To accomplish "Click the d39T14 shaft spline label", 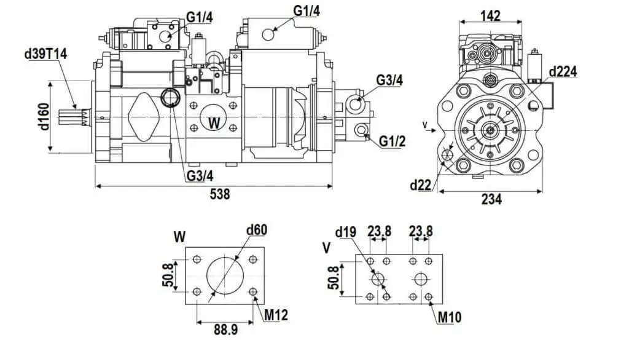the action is (45, 54).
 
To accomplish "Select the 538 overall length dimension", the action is (220, 194).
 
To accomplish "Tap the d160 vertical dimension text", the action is (44, 117).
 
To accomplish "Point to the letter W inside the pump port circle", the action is (214, 123).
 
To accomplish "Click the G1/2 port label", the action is (392, 141).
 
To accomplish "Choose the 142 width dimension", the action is (490, 15).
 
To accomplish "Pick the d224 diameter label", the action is (563, 71).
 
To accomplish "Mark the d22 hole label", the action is (420, 185).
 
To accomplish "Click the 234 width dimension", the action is (491, 199).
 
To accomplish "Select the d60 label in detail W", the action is (256, 230).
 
